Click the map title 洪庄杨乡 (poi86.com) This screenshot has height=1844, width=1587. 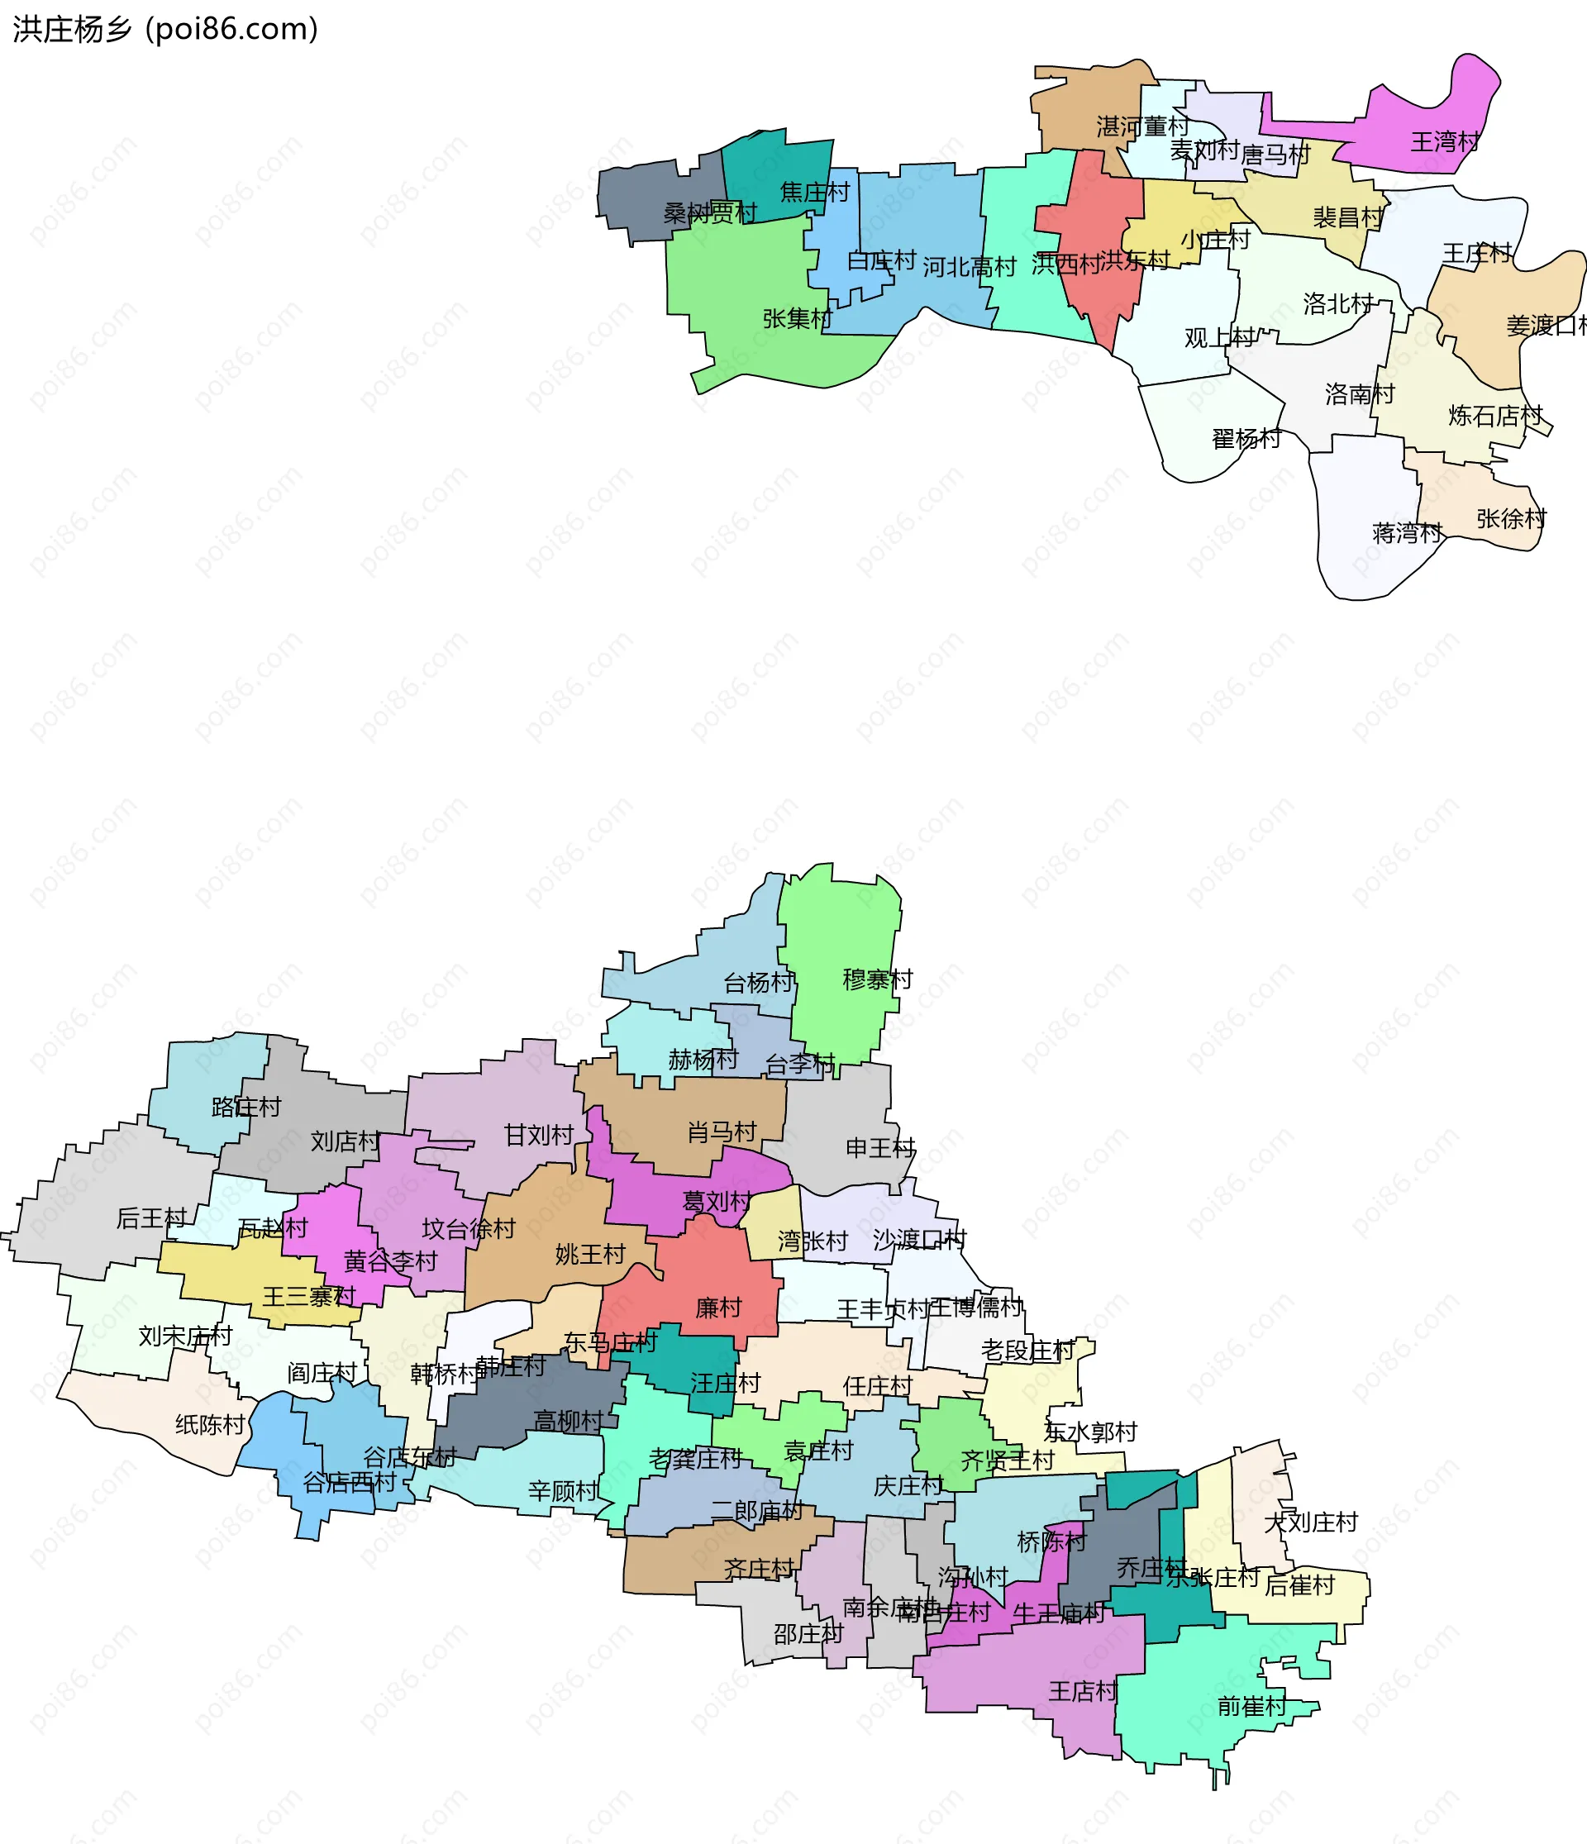(x=165, y=30)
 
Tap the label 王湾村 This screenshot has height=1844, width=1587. (x=1446, y=141)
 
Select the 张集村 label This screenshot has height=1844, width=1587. (x=797, y=318)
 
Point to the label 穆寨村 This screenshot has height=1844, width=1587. (x=878, y=979)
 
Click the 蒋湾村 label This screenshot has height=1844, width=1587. (x=1407, y=533)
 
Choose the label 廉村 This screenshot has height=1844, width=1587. (x=718, y=1308)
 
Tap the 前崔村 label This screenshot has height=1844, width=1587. (x=1251, y=1706)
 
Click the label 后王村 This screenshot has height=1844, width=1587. (x=151, y=1218)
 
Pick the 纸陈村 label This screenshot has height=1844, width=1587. (x=210, y=1425)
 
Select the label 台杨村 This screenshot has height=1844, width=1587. (x=758, y=983)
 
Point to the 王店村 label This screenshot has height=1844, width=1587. (x=1082, y=1691)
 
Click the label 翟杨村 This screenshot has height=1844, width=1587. (x=1246, y=439)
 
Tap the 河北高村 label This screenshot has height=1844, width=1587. (x=970, y=267)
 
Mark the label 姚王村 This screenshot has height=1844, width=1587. (x=590, y=1255)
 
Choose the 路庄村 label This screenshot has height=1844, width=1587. (x=245, y=1107)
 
